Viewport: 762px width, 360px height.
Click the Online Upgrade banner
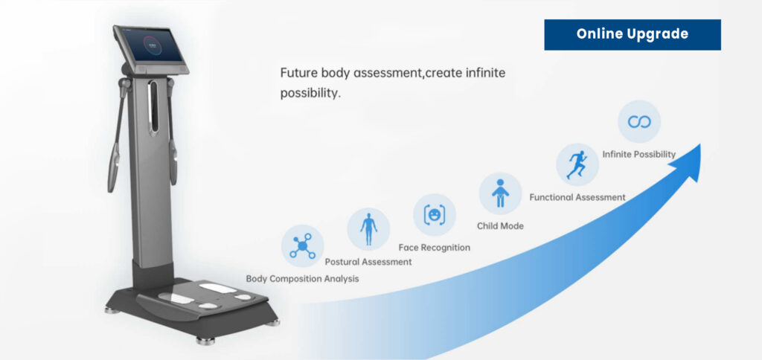coord(633,34)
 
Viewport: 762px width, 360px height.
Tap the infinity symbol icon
coord(639,121)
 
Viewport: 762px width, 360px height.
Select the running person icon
coord(577,164)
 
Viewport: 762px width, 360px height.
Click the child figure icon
coord(500,193)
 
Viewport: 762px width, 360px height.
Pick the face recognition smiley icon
coord(434,214)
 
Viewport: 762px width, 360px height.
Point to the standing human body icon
coord(368,229)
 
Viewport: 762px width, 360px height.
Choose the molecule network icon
coord(302,246)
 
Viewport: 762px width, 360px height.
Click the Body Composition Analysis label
coord(302,279)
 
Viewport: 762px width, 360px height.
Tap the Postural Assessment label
coord(368,262)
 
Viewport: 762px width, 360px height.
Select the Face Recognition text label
coord(435,247)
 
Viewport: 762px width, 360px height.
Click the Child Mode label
coord(500,226)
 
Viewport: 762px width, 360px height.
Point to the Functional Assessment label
coord(577,197)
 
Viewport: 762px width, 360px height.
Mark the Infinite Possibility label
coord(639,154)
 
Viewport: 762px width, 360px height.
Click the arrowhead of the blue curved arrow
coord(688,161)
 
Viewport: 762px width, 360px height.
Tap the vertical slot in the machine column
coord(153,107)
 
